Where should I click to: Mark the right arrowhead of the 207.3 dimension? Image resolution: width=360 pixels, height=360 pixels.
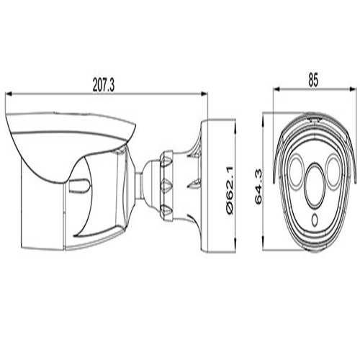coord(203,93)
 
